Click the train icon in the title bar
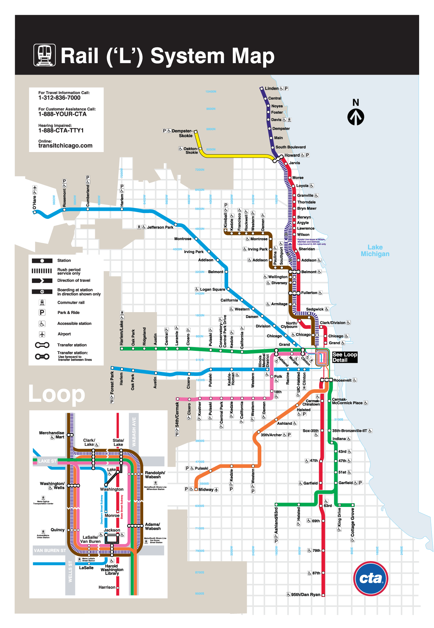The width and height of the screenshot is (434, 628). click(45, 55)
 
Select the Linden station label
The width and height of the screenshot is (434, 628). click(272, 89)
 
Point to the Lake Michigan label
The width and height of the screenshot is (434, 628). click(375, 251)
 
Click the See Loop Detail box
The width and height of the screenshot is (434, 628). click(344, 357)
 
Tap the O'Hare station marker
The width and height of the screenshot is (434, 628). click(35, 212)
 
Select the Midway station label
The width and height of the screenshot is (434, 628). click(206, 490)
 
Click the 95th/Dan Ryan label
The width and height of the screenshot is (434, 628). click(306, 595)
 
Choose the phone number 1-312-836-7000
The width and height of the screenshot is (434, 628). click(59, 98)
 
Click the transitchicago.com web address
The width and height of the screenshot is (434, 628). click(65, 146)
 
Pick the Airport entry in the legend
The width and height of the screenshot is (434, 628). click(64, 334)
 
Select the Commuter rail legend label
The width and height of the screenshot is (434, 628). click(71, 303)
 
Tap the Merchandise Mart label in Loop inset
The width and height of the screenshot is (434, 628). click(52, 435)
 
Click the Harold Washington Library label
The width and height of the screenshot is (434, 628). click(112, 570)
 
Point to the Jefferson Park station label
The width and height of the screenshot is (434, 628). click(160, 227)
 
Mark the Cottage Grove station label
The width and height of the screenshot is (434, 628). click(352, 522)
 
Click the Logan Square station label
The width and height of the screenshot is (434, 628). click(212, 290)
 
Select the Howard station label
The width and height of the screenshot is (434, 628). click(292, 155)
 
